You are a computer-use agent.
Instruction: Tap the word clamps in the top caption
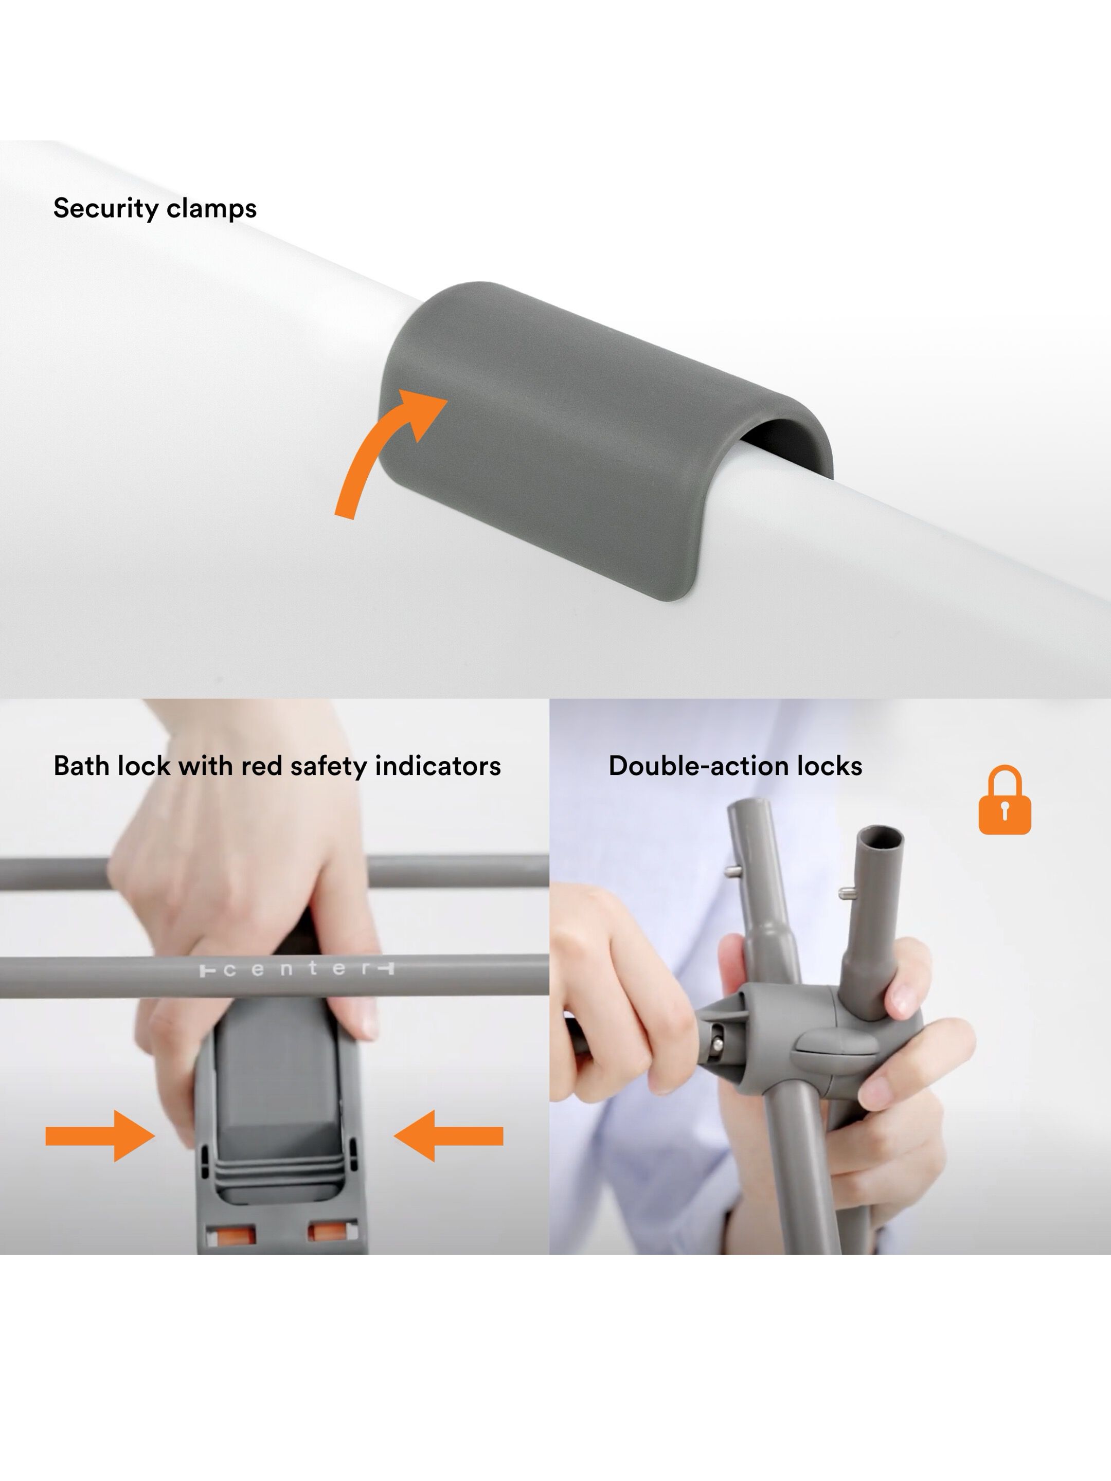(x=211, y=209)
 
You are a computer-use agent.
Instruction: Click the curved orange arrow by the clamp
(x=382, y=455)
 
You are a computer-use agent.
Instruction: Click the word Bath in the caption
(x=81, y=766)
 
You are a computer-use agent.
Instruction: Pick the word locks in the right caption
(x=829, y=766)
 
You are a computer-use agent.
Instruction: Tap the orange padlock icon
(x=1005, y=800)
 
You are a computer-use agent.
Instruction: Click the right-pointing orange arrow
(x=100, y=1136)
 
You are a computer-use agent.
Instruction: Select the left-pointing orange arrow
(x=448, y=1136)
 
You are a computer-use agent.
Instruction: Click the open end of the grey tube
(x=880, y=837)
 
